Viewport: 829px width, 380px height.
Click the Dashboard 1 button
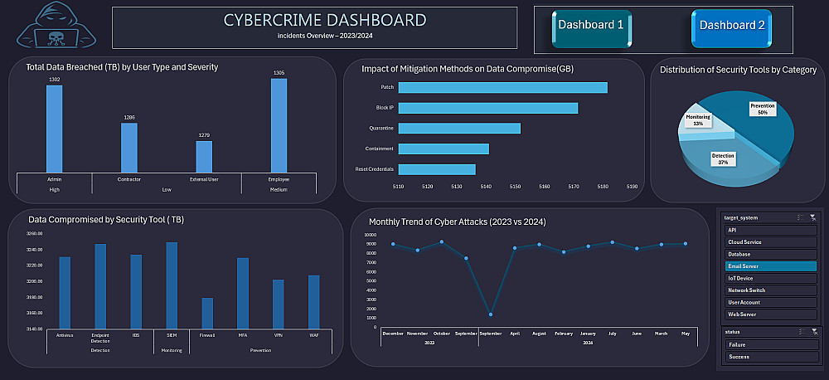tap(591, 26)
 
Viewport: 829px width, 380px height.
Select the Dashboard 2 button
tap(732, 26)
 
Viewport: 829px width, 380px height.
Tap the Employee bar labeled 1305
tap(279, 124)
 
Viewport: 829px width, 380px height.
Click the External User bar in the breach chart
tap(204, 156)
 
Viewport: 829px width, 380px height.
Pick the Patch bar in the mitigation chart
tap(502, 87)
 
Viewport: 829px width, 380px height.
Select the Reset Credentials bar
tap(437, 169)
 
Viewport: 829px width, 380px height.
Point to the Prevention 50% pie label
tap(762, 110)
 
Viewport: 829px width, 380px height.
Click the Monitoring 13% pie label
tap(698, 120)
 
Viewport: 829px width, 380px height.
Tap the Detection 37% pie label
tap(723, 158)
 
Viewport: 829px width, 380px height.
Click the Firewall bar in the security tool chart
tap(207, 313)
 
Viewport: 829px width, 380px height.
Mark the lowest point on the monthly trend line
tap(491, 314)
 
